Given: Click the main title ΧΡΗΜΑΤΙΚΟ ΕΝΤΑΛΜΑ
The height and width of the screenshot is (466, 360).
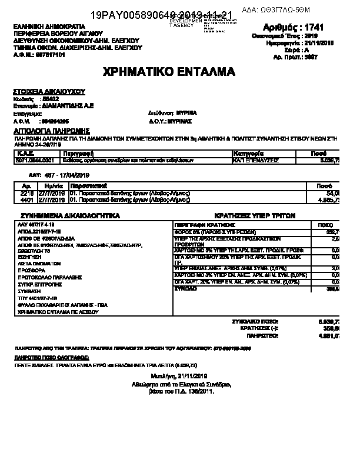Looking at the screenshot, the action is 169,72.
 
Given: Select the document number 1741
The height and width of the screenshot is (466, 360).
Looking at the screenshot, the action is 326,27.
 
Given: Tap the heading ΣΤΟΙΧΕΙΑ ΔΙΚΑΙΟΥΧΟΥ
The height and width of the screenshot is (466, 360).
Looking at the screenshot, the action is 49,92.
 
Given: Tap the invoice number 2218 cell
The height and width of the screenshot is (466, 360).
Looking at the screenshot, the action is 27,193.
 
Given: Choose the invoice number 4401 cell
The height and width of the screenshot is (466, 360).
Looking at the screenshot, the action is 27,200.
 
